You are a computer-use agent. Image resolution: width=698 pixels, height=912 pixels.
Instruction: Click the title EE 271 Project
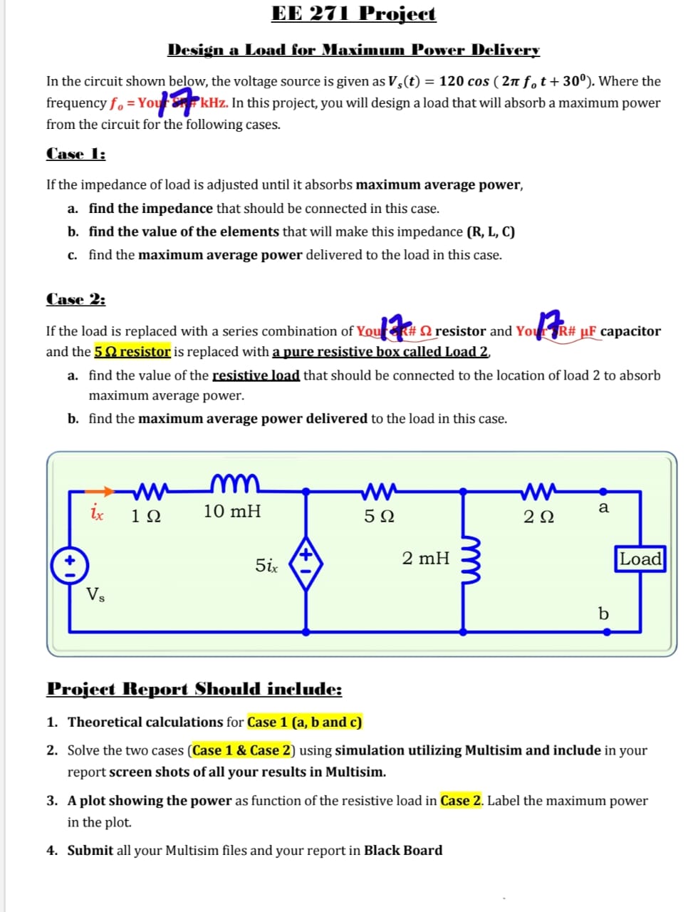point(353,14)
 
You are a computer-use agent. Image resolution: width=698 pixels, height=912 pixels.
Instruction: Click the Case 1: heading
point(75,154)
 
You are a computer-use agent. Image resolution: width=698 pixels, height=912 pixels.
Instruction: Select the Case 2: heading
point(75,299)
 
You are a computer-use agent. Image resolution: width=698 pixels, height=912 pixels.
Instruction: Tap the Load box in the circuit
point(640,559)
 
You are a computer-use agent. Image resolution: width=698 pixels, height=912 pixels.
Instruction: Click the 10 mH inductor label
point(232,512)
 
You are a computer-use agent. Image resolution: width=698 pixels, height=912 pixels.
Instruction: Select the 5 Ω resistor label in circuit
point(379,516)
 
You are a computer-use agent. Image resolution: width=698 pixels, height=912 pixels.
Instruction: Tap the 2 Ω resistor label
point(538,516)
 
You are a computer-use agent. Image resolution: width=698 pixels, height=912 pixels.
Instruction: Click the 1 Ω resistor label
point(146,516)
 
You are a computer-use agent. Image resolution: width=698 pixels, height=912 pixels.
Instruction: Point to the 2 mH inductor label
point(425,558)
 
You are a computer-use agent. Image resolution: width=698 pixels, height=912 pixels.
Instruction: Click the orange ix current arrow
point(100,491)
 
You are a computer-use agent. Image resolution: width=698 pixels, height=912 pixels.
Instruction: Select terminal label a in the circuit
point(603,507)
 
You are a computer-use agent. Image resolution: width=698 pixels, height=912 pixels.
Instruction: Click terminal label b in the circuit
point(603,613)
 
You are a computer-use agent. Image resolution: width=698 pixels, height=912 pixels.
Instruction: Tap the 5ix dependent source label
point(266,566)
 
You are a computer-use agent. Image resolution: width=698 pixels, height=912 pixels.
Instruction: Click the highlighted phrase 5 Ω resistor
point(132,351)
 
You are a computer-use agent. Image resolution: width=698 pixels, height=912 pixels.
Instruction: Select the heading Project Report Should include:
point(194,689)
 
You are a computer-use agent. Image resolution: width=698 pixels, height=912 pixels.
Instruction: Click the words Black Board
point(403,850)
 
